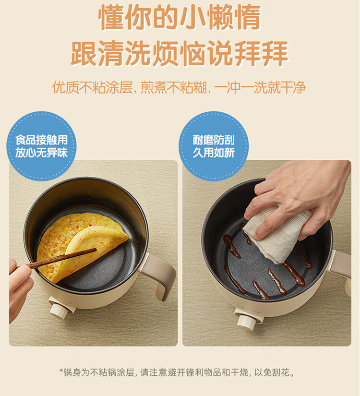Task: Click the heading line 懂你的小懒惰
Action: click(x=180, y=18)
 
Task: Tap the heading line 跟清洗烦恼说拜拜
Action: click(x=180, y=54)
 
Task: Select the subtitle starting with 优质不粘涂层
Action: click(x=179, y=87)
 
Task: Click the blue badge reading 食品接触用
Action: click(x=41, y=146)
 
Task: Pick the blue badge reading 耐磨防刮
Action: click(x=214, y=146)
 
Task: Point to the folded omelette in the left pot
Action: click(x=81, y=246)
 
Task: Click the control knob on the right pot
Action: click(x=247, y=321)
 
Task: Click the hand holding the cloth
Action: click(x=300, y=197)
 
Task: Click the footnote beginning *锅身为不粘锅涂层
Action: click(x=177, y=372)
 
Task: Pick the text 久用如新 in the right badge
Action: click(x=214, y=153)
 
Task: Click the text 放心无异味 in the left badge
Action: click(x=41, y=153)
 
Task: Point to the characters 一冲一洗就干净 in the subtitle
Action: click(x=260, y=87)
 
